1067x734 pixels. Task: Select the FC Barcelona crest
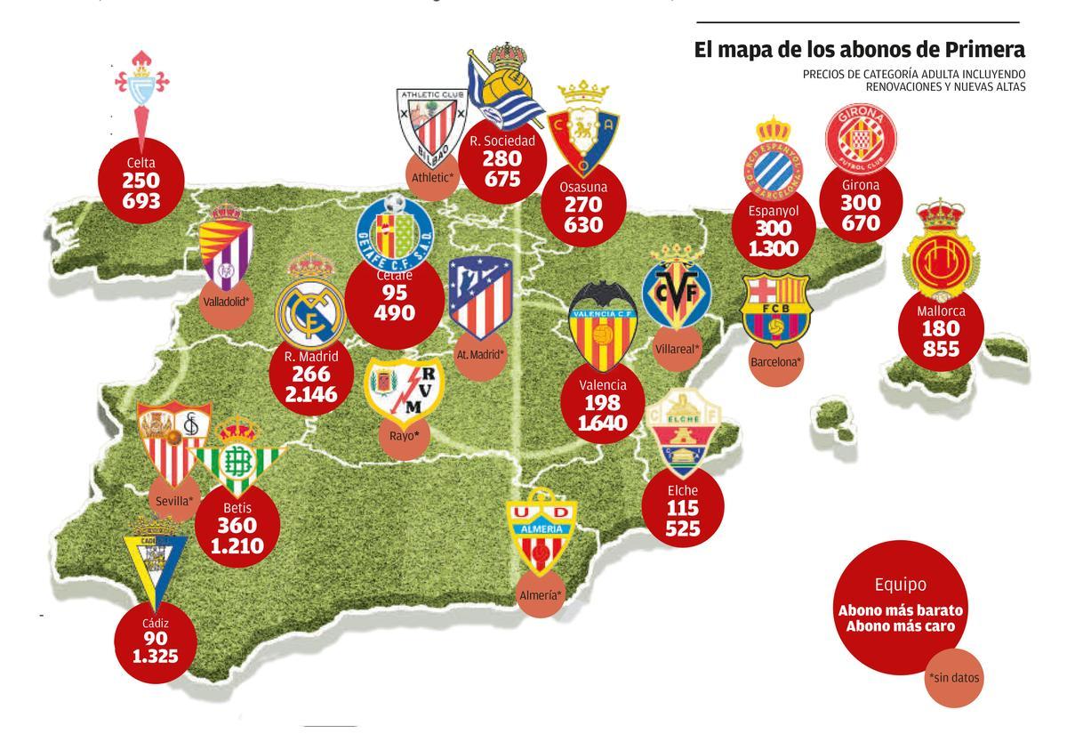pos(775,309)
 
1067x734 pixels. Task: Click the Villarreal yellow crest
pos(678,294)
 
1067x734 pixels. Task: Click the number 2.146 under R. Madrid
pos(311,394)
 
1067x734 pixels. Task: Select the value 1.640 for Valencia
pos(603,423)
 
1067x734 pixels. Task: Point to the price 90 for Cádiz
pos(154,639)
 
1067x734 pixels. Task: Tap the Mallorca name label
pos(941,311)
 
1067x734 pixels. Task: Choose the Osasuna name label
pos(583,187)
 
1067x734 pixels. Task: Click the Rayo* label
pos(404,436)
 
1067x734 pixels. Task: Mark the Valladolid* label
pos(226,301)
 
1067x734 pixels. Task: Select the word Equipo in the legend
pos(900,585)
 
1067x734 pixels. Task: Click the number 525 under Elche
pos(682,530)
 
